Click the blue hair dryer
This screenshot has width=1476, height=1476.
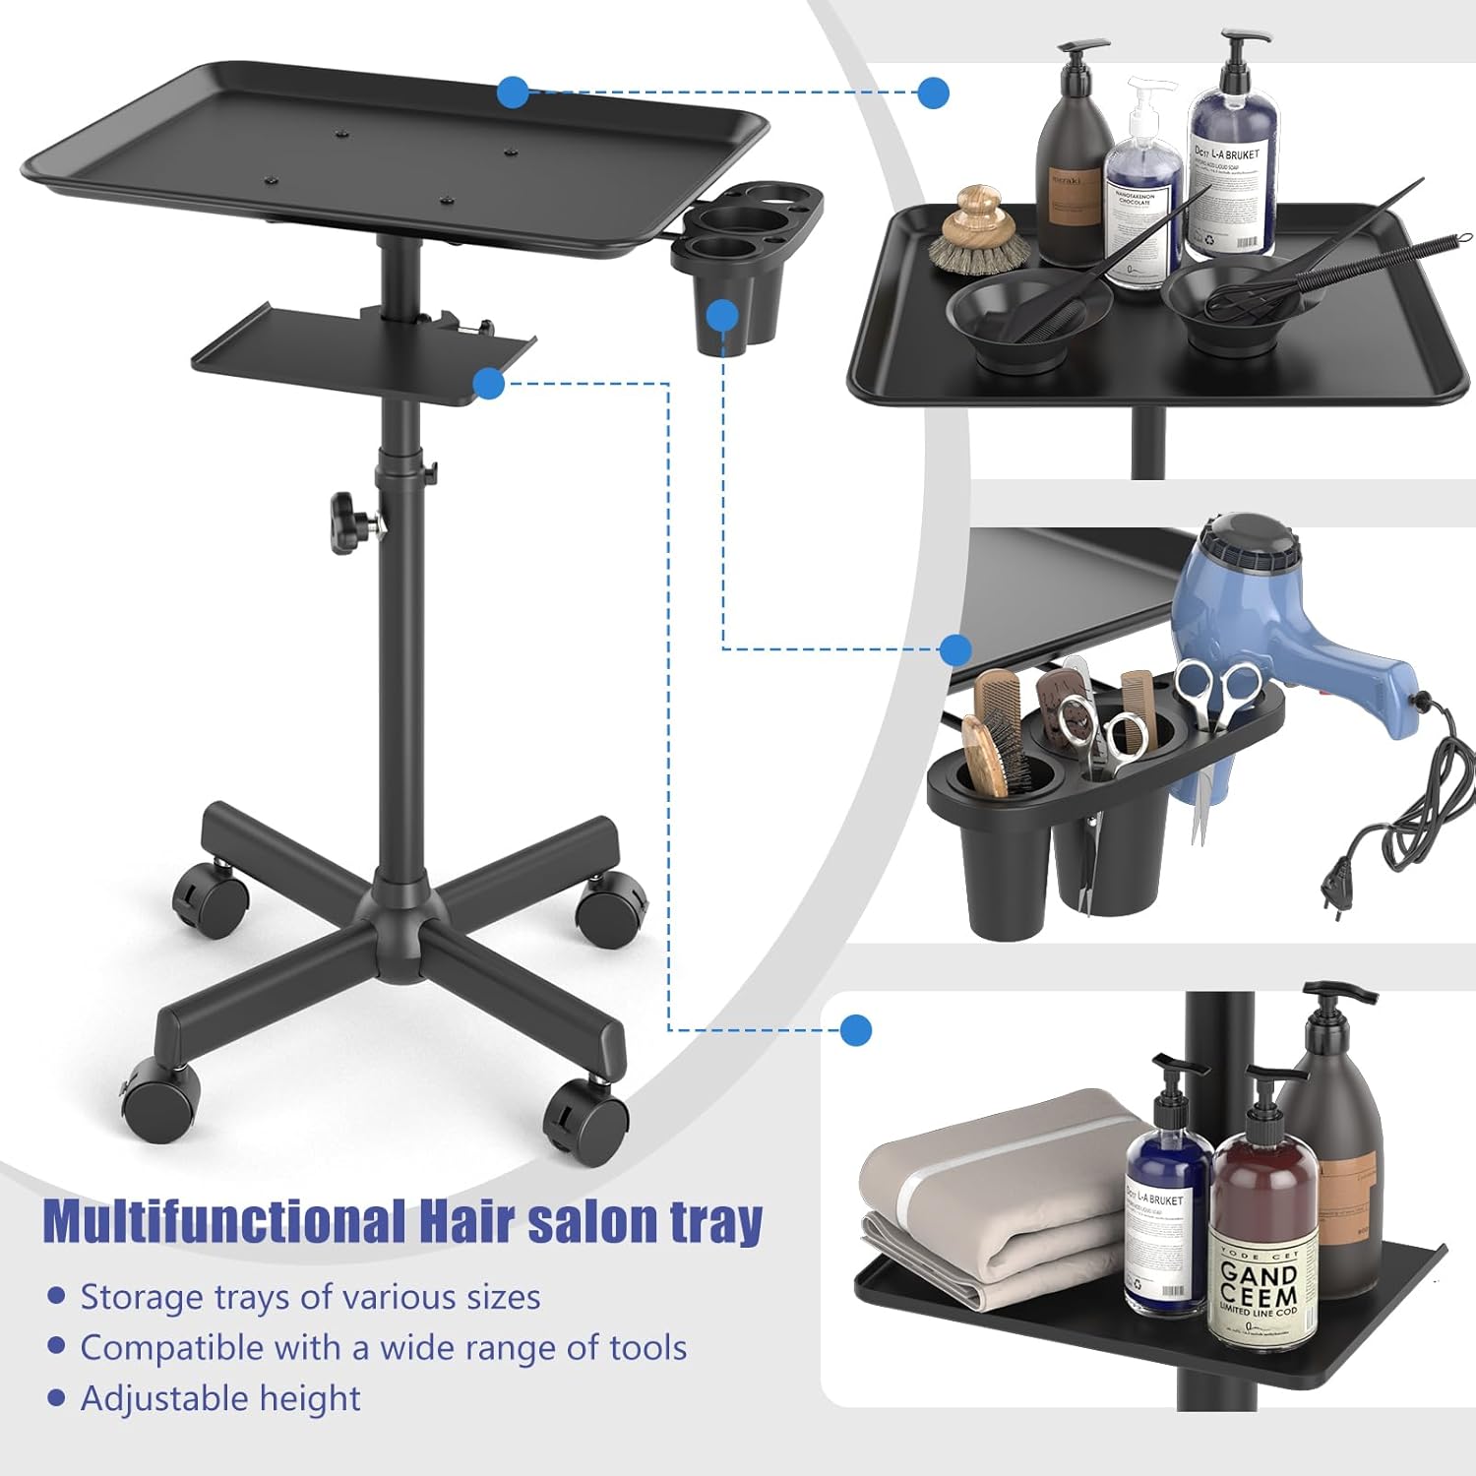[1279, 610]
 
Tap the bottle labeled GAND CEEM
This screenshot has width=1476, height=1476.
[1263, 1240]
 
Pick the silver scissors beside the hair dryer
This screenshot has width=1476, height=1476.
[1220, 694]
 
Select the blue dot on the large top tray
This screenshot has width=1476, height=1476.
[512, 92]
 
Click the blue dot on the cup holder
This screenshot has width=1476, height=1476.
[723, 315]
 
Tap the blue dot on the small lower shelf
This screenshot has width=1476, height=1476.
[489, 383]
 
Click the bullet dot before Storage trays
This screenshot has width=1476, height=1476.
[56, 1297]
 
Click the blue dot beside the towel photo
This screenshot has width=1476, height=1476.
[856, 1030]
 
